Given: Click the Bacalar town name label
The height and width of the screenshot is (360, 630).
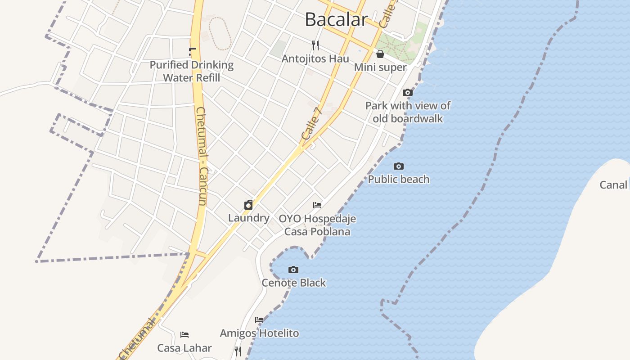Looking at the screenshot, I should click(x=336, y=19).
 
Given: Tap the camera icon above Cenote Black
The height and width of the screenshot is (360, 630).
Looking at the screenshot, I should click(x=293, y=270).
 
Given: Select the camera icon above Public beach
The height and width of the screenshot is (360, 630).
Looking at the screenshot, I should click(x=399, y=166).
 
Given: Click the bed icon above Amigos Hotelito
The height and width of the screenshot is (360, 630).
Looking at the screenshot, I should click(x=259, y=320).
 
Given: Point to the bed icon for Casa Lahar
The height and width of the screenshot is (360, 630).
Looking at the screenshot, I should click(x=184, y=335).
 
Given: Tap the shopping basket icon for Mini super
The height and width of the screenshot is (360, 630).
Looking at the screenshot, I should click(x=380, y=54).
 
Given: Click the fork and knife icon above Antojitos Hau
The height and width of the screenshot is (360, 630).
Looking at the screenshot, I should click(x=315, y=45).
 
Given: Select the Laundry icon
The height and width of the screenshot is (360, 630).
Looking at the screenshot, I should click(x=248, y=205).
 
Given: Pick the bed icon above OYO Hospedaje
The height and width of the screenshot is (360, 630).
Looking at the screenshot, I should click(x=317, y=205).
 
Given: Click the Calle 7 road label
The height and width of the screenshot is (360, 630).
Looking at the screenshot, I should click(x=311, y=122).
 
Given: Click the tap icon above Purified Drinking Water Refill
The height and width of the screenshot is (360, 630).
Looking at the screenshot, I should click(x=192, y=52).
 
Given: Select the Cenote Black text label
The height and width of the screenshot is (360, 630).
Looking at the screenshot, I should click(x=294, y=283).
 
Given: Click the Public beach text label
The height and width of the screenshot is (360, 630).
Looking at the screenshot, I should click(x=399, y=179).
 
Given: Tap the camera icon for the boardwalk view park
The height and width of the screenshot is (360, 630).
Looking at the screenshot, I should click(x=408, y=93).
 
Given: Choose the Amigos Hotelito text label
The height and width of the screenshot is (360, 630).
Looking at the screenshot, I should click(x=259, y=333).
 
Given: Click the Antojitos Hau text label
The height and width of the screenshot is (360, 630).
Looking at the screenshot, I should click(x=315, y=58).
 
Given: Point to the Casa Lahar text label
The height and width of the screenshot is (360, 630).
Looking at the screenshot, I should click(x=184, y=348).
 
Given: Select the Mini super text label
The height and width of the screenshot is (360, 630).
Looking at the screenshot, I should click(x=380, y=67).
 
